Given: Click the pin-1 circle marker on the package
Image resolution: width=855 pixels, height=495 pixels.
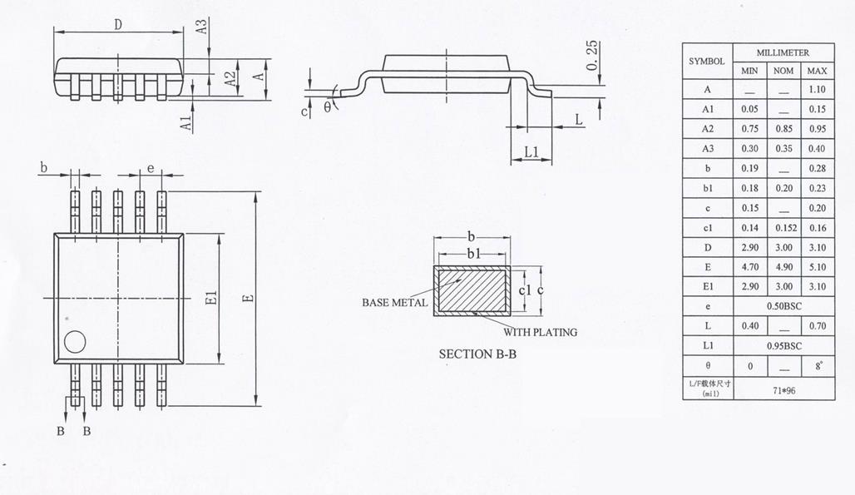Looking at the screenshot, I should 76,342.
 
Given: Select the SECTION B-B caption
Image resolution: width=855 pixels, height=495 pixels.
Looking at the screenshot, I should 477,354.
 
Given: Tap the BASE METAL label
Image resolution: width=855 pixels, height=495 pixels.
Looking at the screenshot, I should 394,302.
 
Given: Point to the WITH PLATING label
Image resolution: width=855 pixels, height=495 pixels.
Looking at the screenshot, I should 540,332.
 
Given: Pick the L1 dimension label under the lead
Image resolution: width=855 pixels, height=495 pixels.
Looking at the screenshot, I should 532,152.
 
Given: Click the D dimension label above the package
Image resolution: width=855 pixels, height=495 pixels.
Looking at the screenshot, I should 118,25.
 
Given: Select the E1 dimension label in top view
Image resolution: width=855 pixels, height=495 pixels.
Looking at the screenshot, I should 211,298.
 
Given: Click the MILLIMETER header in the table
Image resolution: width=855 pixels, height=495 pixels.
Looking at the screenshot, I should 783,52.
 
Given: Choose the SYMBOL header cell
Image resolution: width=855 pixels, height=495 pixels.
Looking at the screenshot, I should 707,61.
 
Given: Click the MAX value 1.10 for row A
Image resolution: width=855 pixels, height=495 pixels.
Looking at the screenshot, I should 817,89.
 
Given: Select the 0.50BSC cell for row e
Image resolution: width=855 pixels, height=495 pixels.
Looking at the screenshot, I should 783,305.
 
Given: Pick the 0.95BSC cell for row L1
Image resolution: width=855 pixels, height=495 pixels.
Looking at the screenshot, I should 783,345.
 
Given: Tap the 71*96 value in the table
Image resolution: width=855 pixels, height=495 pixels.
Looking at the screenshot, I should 783,389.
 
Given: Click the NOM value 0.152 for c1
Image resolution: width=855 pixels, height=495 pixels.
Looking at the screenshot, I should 783,227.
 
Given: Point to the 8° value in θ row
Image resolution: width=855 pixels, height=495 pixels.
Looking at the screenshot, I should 817,365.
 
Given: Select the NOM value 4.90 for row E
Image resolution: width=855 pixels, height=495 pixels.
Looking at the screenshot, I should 783,266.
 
